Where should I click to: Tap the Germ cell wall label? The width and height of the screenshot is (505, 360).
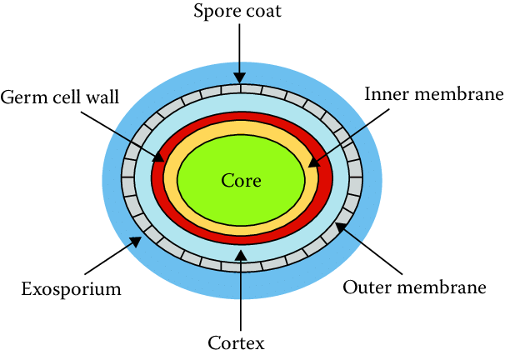[x=59, y=98]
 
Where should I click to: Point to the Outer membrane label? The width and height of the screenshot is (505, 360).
[x=415, y=288]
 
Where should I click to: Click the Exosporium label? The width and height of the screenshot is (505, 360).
[x=72, y=290]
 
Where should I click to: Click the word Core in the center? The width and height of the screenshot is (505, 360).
[x=241, y=180]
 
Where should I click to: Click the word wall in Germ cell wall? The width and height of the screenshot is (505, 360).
[x=102, y=98]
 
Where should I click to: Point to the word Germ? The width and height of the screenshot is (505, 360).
[x=20, y=98]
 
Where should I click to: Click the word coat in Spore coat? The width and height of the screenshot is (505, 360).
[x=268, y=12]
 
